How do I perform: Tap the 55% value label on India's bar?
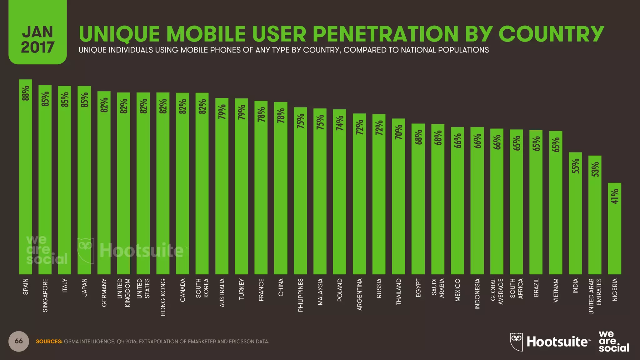[x=575, y=166]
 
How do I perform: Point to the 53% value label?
[x=595, y=169]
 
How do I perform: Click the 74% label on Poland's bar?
[x=340, y=123]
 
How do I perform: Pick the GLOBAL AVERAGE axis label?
[x=497, y=292]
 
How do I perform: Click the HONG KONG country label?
[x=163, y=297]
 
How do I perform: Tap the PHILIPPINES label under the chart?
[x=300, y=295]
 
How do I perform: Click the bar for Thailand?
[x=398, y=200]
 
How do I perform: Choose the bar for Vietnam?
[x=556, y=206]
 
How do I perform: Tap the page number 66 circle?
[x=19, y=341]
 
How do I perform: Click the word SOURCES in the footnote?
[x=49, y=342]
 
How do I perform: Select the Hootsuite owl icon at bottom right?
[x=516, y=342]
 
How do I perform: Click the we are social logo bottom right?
[x=613, y=341]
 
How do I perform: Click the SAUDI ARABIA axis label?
[x=438, y=288]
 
